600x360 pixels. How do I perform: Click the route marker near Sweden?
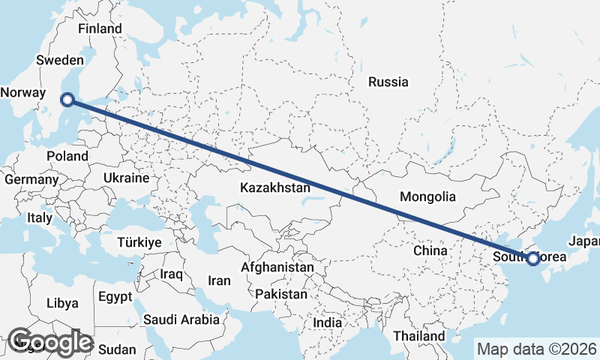pyautogui.click(x=67, y=99)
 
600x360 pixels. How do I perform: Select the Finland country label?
pyautogui.click(x=100, y=28)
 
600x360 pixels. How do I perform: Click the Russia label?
pyautogui.click(x=388, y=82)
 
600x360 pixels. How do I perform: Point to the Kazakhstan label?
pyautogui.click(x=275, y=187)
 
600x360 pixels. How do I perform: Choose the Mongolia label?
pyautogui.click(x=428, y=197)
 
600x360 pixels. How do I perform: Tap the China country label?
pyautogui.click(x=430, y=250)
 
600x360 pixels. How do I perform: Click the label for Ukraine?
pyautogui.click(x=126, y=178)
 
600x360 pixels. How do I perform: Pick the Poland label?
pyautogui.click(x=67, y=156)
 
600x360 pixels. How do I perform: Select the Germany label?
pyautogui.click(x=31, y=180)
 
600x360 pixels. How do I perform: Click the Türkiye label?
pyautogui.click(x=139, y=242)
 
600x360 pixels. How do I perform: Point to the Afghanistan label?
pyautogui.click(x=277, y=267)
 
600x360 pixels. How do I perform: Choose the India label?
pyautogui.click(x=327, y=322)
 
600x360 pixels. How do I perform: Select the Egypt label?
pyautogui.click(x=115, y=296)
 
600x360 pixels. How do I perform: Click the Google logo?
pyautogui.click(x=50, y=342)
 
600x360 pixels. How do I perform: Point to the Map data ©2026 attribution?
pyautogui.click(x=536, y=349)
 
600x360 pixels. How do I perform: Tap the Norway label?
pyautogui.click(x=22, y=92)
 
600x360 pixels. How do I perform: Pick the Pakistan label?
pyautogui.click(x=281, y=294)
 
